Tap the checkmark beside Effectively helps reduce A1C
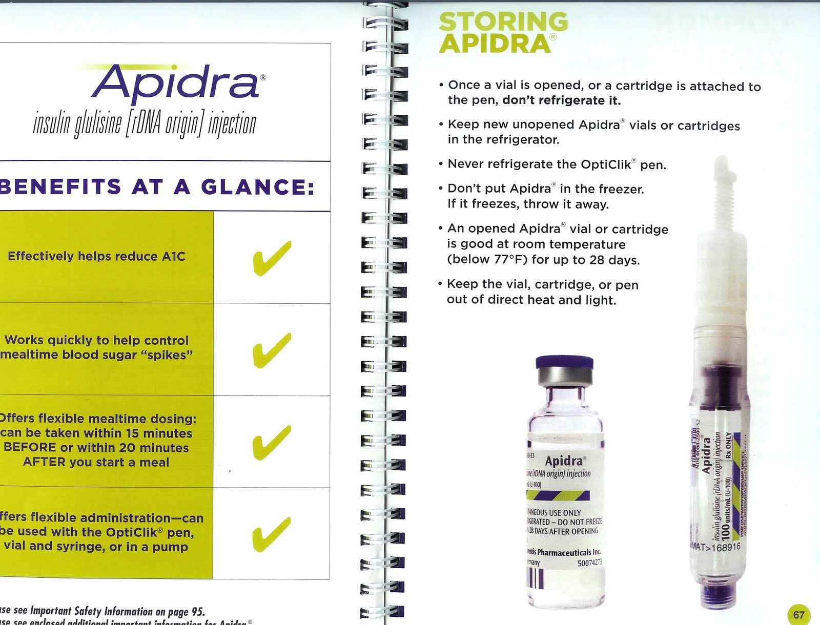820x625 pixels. click(272, 258)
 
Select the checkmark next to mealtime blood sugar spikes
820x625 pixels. click(272, 350)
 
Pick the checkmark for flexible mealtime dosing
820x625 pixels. click(272, 442)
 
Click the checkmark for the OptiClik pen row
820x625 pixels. click(272, 534)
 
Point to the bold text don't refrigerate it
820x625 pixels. click(561, 100)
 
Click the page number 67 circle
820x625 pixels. click(798, 614)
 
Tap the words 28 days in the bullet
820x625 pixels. click(614, 260)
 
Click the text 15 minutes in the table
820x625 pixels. click(159, 433)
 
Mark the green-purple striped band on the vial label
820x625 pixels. click(558, 495)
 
